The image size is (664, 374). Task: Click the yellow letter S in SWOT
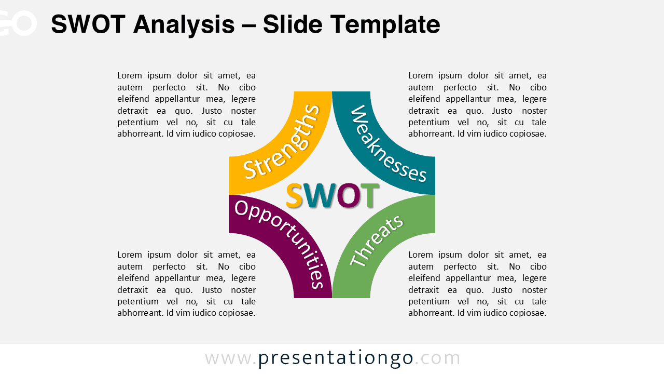click(294, 196)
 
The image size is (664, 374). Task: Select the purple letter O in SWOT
click(348, 196)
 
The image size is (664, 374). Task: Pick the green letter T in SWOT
click(370, 196)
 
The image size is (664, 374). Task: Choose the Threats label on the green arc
click(377, 241)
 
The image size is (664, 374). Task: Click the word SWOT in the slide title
click(88, 24)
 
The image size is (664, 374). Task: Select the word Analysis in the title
click(184, 24)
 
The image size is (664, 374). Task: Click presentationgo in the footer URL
click(336, 358)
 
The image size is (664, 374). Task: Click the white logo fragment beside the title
click(18, 23)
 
